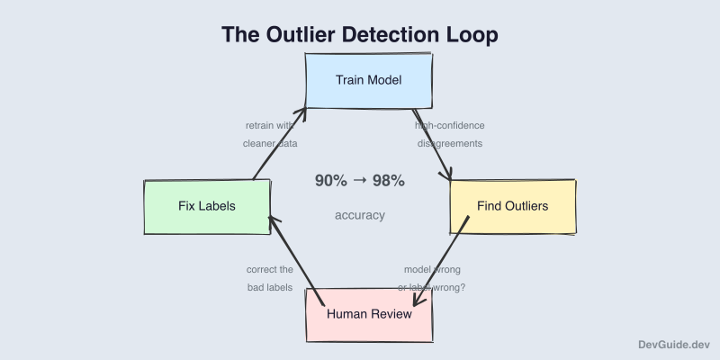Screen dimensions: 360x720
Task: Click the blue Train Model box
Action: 369,81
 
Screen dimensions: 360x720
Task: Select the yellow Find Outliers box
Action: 512,207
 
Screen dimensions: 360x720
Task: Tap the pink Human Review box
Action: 369,315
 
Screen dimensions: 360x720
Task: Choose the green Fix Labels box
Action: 207,206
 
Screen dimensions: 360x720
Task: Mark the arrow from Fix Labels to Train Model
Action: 280,144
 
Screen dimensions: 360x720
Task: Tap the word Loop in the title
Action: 471,35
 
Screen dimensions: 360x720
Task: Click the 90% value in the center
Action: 330,181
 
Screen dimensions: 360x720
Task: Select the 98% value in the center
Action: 388,181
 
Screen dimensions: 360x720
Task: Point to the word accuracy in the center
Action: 360,215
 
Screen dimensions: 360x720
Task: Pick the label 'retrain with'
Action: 270,125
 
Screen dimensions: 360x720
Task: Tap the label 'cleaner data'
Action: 270,143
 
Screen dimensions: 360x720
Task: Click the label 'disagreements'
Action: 450,143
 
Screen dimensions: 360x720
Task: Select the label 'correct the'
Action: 270,269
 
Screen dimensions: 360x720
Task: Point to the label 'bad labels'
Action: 270,287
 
